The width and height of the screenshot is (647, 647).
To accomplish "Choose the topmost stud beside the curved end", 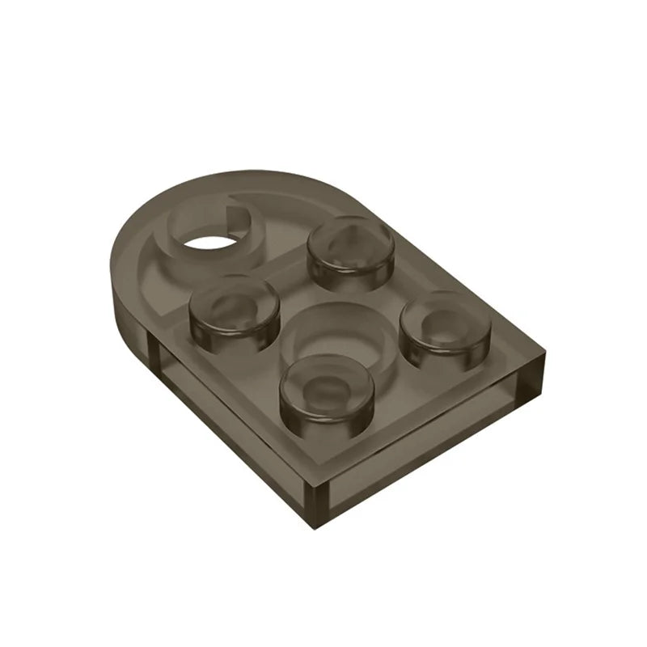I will [352, 252].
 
